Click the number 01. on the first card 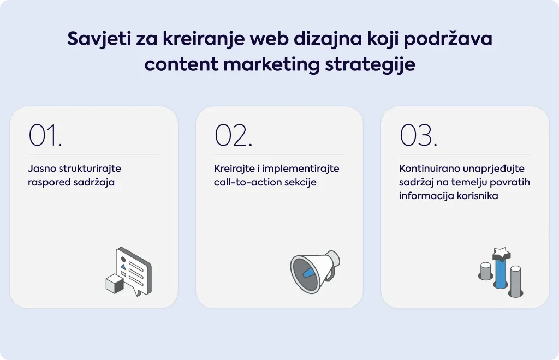pyautogui.click(x=45, y=135)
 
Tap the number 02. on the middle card pyautogui.click(x=234, y=135)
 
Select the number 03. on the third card pyautogui.click(x=419, y=135)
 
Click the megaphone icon pyautogui.click(x=315, y=272)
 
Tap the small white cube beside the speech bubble pyautogui.click(x=115, y=284)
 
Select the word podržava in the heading pyautogui.click(x=448, y=39)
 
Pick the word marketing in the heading pyautogui.click(x=271, y=65)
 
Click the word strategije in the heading pyautogui.click(x=370, y=65)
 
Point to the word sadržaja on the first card pyautogui.click(x=94, y=182)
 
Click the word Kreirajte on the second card pyautogui.click(x=234, y=169)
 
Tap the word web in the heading pyautogui.click(x=269, y=39)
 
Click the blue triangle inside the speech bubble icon pyautogui.click(x=123, y=266)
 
